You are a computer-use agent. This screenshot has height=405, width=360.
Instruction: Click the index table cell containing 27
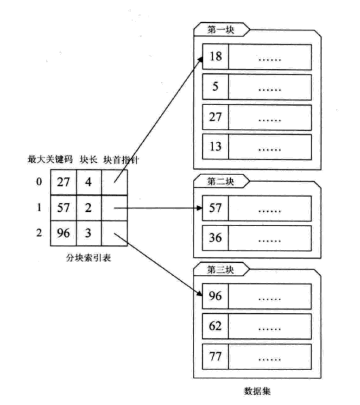pos(63,182)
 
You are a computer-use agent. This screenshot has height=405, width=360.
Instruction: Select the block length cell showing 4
pos(88,182)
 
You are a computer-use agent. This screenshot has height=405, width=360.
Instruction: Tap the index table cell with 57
pos(63,207)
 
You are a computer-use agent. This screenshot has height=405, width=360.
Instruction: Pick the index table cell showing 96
pos(63,233)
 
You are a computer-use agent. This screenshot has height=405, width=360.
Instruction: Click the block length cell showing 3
pos(88,233)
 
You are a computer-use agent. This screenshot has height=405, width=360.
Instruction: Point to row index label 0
pos(39,182)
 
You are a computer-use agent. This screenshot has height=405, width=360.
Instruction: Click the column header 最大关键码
pos(50,160)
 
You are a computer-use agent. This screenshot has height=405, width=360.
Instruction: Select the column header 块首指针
pos(122,160)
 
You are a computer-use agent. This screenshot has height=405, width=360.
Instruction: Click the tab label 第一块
pos(221,31)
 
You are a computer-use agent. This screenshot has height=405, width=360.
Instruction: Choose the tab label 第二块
pos(221,181)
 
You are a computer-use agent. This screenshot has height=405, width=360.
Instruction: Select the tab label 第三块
pos(221,270)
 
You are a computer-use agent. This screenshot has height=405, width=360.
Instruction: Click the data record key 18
pos(215,57)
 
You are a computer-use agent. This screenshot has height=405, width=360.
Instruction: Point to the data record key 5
pos(215,87)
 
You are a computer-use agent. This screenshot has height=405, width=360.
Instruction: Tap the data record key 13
pos(215,147)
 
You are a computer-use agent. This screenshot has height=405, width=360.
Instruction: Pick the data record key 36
pos(215,238)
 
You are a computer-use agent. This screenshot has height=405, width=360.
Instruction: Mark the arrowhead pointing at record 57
pos(200,208)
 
